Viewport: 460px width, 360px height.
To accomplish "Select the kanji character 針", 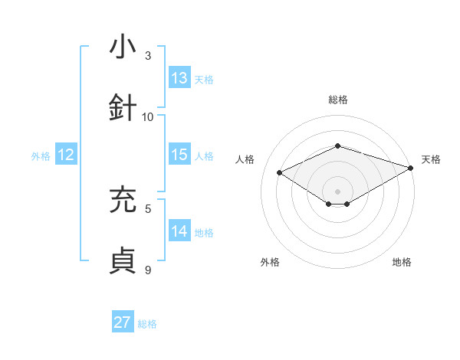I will tap(123, 107).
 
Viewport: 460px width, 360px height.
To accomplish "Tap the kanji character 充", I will tap(123, 200).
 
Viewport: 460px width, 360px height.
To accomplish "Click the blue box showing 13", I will tap(179, 78).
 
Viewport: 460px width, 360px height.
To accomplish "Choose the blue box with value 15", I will tap(179, 155).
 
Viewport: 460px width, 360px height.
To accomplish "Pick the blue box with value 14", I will tap(179, 231).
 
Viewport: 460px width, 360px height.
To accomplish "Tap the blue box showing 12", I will tap(66, 155).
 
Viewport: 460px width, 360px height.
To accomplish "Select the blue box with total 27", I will tap(123, 322).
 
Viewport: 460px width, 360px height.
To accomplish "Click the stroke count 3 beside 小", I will tap(148, 56).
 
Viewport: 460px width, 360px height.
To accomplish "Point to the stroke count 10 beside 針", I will tap(148, 117).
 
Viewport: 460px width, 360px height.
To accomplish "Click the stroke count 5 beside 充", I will tap(148, 208).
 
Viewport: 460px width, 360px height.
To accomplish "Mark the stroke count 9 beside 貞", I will tap(148, 270).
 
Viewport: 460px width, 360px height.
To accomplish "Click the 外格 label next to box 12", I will tap(41, 156).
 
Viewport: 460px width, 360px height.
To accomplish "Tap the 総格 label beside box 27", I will tap(147, 324).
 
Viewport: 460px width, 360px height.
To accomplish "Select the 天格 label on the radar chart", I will tap(431, 159).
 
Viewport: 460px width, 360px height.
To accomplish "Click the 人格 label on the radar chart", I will tap(245, 159).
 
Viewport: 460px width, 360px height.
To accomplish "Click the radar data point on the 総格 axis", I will tap(337, 146).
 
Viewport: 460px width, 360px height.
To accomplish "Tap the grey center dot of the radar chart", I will tap(337, 191).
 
